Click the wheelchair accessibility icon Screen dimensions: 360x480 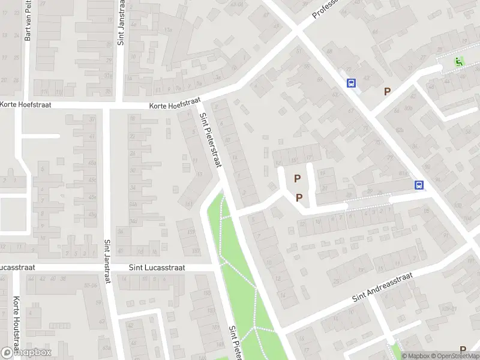[x=459, y=61]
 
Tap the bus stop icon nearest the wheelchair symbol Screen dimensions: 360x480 [x=350, y=83]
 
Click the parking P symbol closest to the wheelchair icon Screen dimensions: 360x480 [x=387, y=92]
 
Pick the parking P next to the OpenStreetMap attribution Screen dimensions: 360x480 [x=463, y=350]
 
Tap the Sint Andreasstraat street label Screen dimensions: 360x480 [x=384, y=287]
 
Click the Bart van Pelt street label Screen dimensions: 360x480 [x=28, y=21]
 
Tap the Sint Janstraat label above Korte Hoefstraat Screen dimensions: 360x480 [x=121, y=23]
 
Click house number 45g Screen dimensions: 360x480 [x=92, y=214]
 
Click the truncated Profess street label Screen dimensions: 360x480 [x=324, y=8]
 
